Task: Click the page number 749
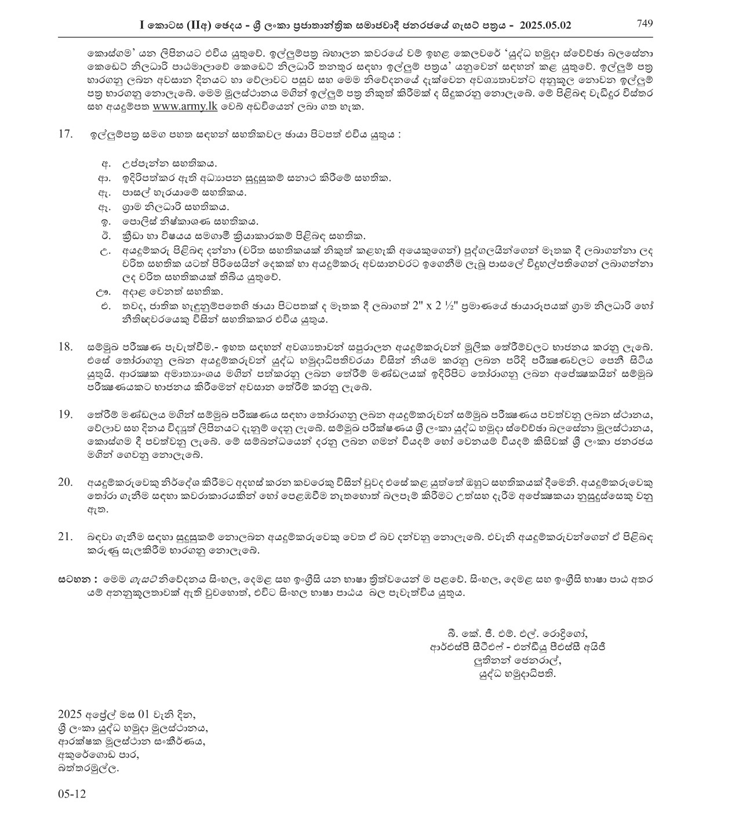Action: (645, 24)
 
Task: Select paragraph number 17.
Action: (65, 134)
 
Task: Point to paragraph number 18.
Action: (65, 347)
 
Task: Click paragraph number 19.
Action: (65, 414)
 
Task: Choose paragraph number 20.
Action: (65, 482)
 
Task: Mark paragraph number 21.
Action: (65, 537)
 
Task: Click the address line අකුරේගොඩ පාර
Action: (99, 755)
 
